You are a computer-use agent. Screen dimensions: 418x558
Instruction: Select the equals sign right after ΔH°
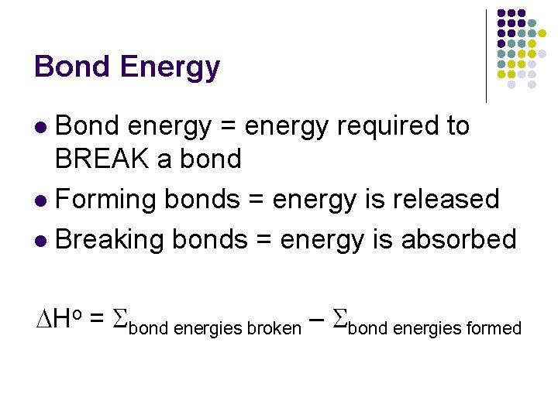[98, 319]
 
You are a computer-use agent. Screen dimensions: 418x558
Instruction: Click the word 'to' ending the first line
[457, 125]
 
